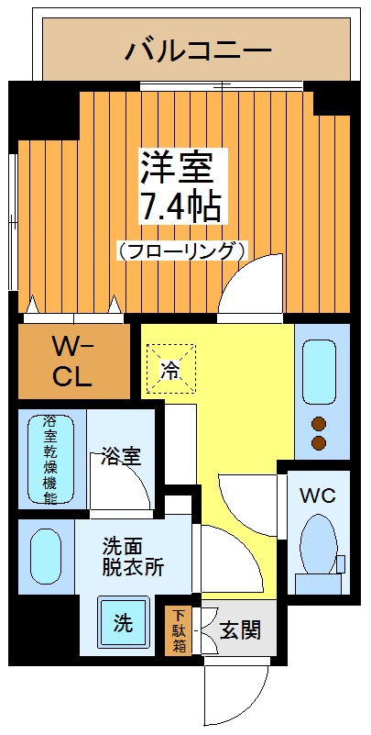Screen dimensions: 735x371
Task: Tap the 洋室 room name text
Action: point(176,166)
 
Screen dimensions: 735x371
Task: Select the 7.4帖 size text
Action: point(180,208)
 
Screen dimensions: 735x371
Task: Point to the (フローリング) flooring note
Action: point(182,249)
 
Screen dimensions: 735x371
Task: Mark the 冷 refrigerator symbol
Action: point(169,370)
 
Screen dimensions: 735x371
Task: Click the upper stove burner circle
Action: point(320,424)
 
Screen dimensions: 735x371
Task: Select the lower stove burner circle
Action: point(320,443)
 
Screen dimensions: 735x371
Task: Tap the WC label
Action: point(318,496)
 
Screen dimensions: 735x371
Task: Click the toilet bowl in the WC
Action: point(318,544)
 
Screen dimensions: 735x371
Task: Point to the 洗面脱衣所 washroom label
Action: point(132,556)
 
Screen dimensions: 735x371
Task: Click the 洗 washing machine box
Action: point(122,623)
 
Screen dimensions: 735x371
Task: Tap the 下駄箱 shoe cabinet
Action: point(177,630)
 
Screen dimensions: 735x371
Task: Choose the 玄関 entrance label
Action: point(239,630)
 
